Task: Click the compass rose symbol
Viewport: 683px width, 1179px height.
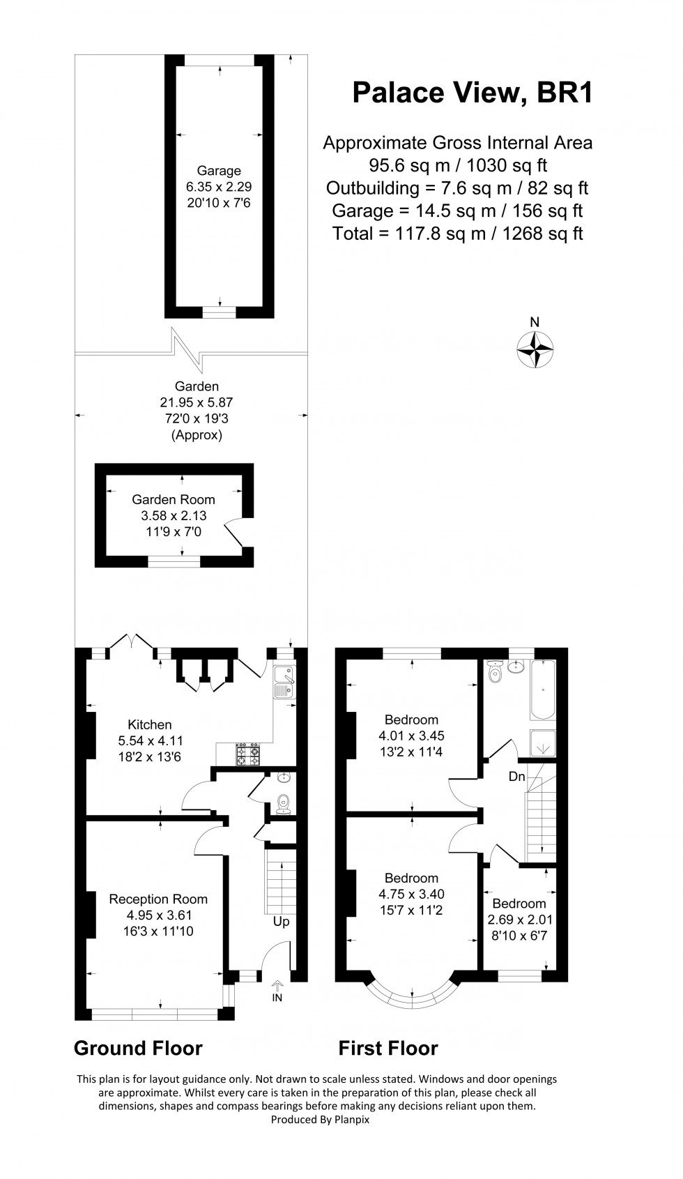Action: pos(535,349)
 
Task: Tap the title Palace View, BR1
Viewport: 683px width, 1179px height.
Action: pos(473,92)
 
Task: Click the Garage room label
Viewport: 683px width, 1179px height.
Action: pos(219,171)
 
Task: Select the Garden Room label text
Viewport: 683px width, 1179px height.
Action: pos(174,499)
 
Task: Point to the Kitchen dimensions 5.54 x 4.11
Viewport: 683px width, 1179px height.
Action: pos(150,741)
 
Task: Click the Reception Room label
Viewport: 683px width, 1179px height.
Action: pos(158,899)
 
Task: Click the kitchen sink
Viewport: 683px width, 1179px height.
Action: pos(284,681)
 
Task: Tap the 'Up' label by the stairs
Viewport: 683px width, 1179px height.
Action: pos(282,921)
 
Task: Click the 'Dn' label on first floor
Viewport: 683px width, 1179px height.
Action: pos(516,776)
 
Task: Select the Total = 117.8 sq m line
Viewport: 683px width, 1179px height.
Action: pos(457,233)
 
